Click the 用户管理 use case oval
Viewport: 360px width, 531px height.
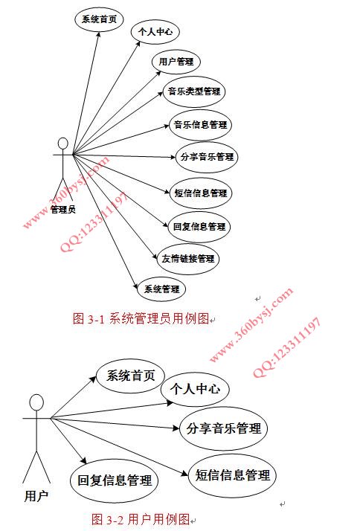click(176, 62)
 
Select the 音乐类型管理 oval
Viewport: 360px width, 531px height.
click(194, 91)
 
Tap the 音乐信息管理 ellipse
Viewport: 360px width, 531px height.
click(201, 125)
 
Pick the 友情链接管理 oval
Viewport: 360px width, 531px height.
click(188, 259)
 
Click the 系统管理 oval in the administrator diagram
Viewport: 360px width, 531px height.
click(162, 289)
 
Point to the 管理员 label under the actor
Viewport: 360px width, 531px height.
click(63, 210)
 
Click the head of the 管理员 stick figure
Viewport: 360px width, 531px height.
click(63, 144)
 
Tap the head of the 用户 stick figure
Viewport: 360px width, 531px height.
click(36, 403)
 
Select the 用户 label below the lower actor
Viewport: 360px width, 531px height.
click(36, 496)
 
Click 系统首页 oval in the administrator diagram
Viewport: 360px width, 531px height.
click(99, 19)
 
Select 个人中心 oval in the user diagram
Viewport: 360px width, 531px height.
click(195, 389)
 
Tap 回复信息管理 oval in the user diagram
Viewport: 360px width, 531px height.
click(115, 480)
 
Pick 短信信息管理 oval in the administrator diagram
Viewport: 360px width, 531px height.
click(201, 193)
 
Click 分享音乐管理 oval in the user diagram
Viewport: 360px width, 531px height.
click(224, 428)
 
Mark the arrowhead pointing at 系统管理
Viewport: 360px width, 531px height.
click(136, 284)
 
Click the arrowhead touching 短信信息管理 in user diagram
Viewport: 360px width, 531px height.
click(185, 473)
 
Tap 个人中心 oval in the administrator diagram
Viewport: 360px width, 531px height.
click(155, 32)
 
